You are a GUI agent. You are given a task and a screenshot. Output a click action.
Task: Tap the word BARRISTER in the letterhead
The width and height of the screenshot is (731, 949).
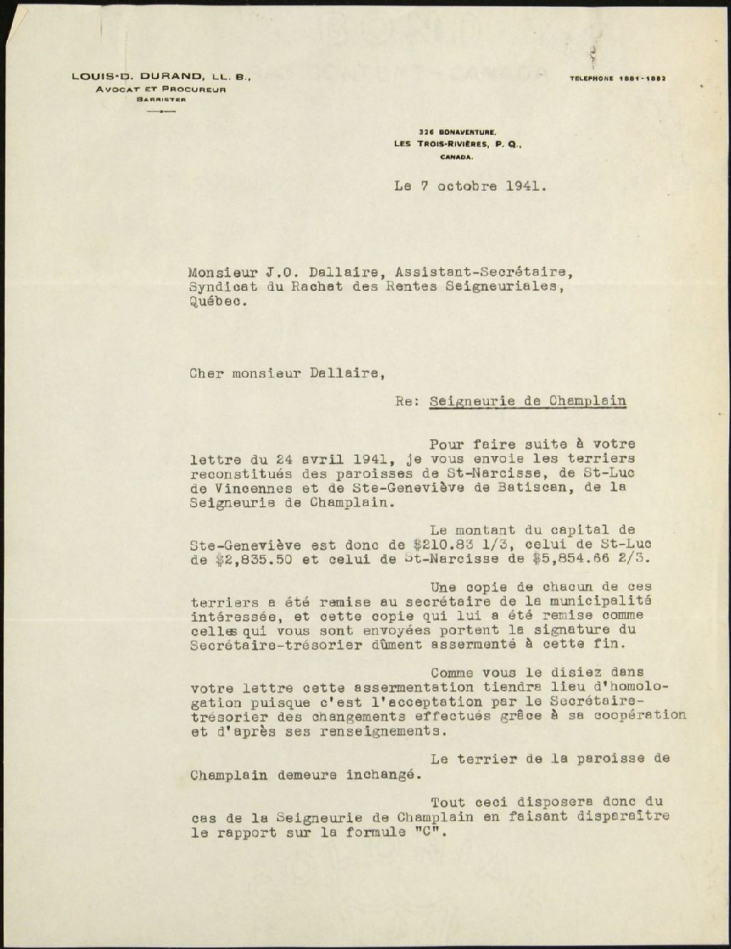(161, 100)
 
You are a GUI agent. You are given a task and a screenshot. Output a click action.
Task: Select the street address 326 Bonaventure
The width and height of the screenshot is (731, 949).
(458, 131)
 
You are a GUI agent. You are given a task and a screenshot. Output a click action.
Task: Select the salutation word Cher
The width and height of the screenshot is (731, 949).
(206, 372)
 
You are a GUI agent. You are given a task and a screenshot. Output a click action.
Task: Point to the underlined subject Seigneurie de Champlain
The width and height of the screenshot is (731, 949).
(528, 401)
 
